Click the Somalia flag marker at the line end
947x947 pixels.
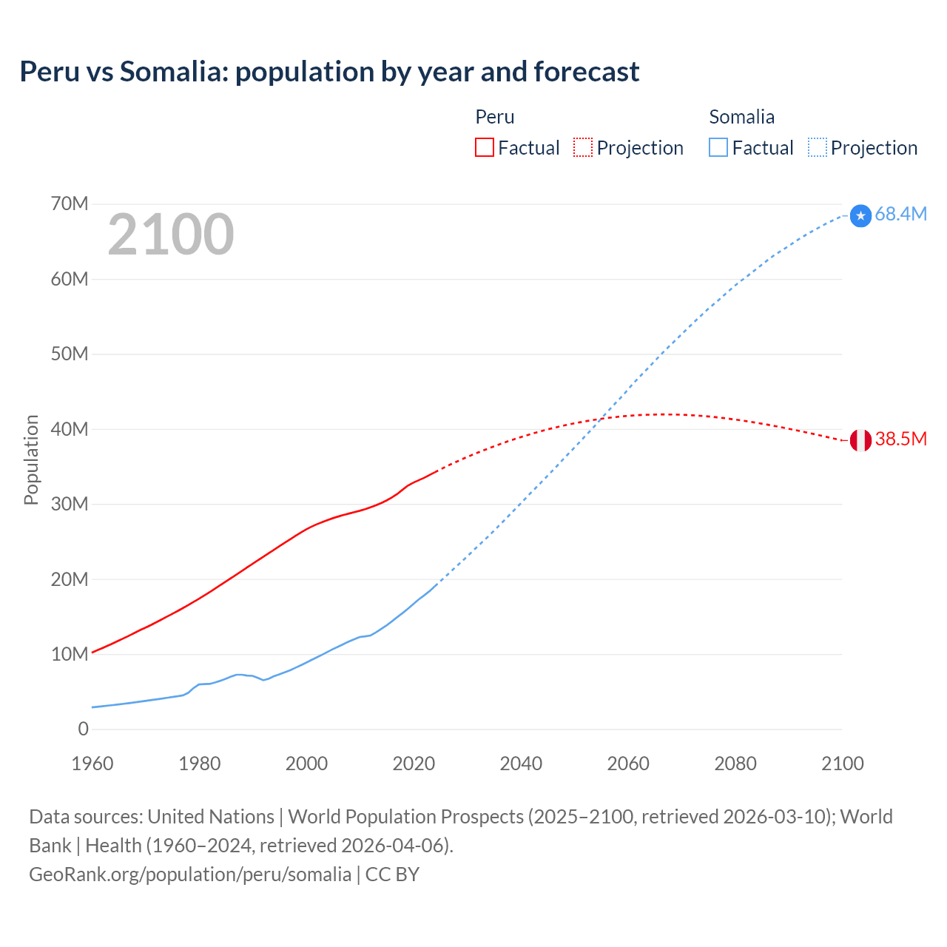[x=860, y=215]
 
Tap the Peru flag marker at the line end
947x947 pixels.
[x=860, y=440]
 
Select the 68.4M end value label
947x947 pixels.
[x=900, y=215]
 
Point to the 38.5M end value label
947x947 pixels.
[x=900, y=439]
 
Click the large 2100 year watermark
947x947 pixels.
[x=171, y=235]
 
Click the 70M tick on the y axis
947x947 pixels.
[x=70, y=204]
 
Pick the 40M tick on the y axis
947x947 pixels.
[x=70, y=429]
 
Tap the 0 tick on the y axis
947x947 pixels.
[x=83, y=729]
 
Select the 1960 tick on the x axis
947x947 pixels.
[x=92, y=764]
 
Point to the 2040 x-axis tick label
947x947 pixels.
[x=521, y=764]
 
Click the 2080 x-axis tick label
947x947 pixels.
[x=735, y=764]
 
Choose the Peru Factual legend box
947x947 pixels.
[x=485, y=147]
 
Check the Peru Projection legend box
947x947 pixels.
[x=583, y=147]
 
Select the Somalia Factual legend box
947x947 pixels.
[x=718, y=147]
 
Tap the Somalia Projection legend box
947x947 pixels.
[x=817, y=147]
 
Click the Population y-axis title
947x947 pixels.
[x=31, y=459]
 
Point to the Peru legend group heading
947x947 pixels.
[x=494, y=117]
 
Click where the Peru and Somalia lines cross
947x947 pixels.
[x=601, y=419]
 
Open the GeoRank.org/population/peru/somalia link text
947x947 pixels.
[x=190, y=874]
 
